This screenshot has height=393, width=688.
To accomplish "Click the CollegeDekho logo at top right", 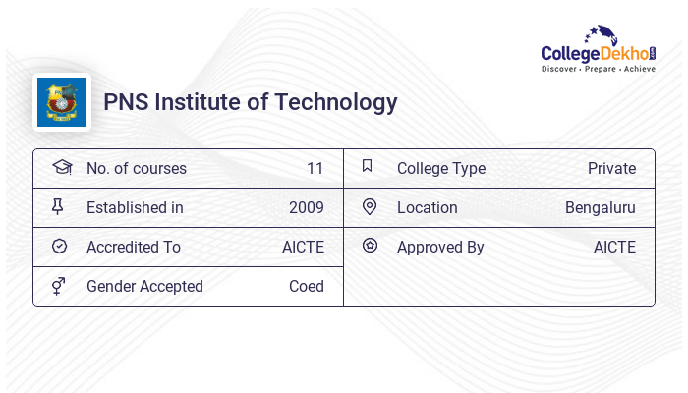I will (599, 50).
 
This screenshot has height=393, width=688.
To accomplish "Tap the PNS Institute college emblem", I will (61, 102).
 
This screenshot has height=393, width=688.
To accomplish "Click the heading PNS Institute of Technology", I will (251, 102).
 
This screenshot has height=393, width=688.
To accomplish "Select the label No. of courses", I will (136, 168).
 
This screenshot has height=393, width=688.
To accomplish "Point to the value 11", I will (315, 168).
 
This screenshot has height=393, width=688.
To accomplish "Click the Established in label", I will (135, 207).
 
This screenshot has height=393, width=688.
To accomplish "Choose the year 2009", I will (306, 207).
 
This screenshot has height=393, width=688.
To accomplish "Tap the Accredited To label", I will (134, 247).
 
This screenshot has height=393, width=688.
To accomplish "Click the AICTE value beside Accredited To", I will (303, 247).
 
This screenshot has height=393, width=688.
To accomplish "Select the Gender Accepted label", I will (144, 286).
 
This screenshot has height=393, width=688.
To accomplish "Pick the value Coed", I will (306, 286).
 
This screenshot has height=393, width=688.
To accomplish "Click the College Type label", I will (441, 168).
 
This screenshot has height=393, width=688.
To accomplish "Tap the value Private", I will (611, 168).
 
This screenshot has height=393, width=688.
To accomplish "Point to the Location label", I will (428, 207).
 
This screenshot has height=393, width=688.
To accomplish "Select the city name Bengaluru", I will (600, 207).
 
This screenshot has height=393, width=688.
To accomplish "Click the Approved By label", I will (440, 247).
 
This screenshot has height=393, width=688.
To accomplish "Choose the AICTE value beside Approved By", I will (614, 247).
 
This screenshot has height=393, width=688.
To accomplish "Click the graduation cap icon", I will (61, 167).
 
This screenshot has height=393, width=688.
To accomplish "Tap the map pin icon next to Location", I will (369, 206).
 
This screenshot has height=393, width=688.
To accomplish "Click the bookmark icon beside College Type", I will (368, 166).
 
